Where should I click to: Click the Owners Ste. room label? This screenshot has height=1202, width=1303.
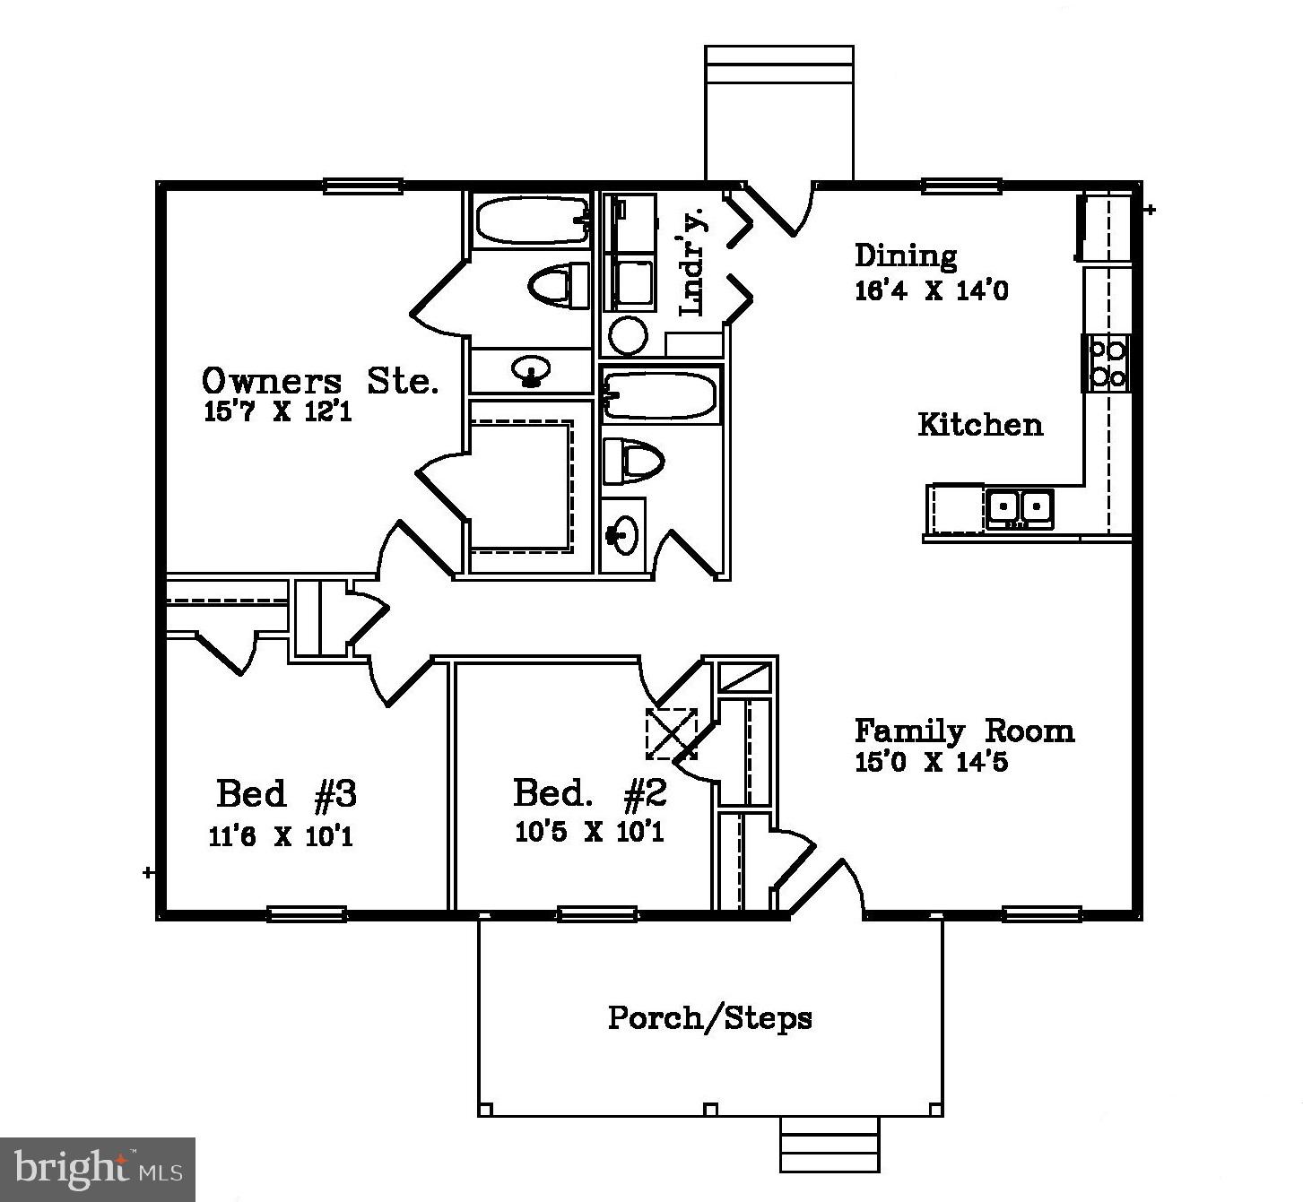(x=320, y=381)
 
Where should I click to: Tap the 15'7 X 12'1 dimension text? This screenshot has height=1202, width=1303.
(x=278, y=412)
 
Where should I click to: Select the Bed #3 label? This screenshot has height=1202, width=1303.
(x=287, y=793)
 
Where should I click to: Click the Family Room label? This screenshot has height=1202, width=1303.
(x=964, y=731)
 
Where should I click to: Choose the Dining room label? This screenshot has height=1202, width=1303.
(x=906, y=255)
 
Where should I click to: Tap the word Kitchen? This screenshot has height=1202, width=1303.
(x=980, y=425)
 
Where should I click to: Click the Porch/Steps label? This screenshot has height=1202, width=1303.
(x=710, y=1017)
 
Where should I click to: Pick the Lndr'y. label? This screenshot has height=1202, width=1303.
(x=693, y=262)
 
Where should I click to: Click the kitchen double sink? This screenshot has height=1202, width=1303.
(x=1020, y=508)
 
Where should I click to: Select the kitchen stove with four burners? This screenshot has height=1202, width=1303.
(x=1107, y=364)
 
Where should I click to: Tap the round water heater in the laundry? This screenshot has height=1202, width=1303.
(x=629, y=335)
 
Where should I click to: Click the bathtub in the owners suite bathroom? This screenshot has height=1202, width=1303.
(x=532, y=221)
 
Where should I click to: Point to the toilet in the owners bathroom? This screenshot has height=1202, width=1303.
(x=559, y=285)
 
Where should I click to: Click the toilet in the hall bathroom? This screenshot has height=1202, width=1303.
(x=633, y=461)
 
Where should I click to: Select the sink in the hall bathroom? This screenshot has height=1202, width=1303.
(x=622, y=535)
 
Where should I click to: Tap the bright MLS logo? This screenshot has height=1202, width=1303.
(x=98, y=1170)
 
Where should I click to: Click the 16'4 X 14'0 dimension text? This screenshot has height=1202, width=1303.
(x=931, y=290)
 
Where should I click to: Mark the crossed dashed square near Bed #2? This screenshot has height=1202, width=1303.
(x=671, y=733)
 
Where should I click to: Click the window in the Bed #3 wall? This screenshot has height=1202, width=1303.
(x=307, y=914)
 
